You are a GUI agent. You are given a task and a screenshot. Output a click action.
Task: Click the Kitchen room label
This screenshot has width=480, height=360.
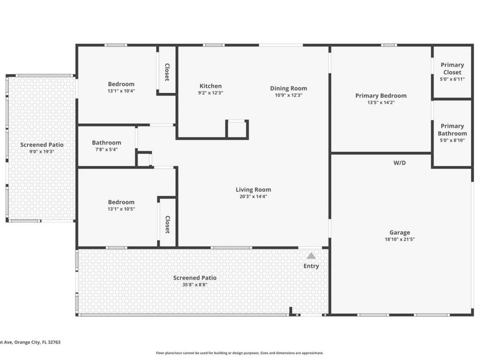210,86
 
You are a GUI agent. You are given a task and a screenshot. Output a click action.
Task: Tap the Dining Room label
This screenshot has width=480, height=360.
289,89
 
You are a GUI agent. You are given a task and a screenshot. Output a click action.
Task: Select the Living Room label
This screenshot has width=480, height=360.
253,189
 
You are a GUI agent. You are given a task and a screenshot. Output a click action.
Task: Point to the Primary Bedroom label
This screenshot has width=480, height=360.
381,96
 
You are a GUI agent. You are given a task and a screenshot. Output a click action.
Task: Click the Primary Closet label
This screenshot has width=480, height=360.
452,68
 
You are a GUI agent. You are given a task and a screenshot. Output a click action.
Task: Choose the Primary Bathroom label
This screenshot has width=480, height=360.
452,130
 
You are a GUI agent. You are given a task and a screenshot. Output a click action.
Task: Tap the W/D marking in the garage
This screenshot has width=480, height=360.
399,163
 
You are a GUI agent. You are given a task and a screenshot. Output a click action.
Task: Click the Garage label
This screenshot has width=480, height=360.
399,233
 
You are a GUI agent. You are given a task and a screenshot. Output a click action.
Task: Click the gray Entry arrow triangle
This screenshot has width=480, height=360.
311,256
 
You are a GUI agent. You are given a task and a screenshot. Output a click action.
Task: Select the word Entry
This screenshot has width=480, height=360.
311,266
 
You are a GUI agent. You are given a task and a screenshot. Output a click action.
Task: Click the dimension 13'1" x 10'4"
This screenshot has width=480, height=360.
121,91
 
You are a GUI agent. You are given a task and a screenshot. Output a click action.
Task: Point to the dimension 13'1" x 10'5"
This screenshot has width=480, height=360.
121,209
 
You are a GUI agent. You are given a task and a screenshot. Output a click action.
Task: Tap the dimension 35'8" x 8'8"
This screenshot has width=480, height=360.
195,285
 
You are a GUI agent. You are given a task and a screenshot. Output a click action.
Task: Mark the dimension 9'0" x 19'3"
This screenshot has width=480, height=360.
42,151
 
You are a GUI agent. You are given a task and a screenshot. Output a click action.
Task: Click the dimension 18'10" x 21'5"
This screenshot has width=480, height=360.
399,239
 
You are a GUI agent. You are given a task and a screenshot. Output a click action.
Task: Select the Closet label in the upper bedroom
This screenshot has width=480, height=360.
167,72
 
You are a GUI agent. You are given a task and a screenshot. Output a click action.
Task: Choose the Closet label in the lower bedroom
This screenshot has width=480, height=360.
167,224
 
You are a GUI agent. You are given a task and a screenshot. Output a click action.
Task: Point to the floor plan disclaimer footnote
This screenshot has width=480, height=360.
239,353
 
